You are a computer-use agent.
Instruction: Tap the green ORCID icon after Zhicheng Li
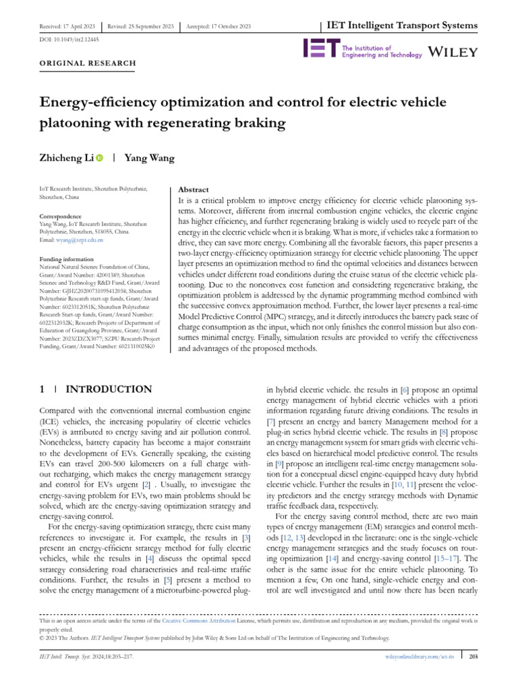tap(100, 159)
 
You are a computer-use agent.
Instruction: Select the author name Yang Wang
tap(150, 159)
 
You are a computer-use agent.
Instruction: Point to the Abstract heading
tap(193, 190)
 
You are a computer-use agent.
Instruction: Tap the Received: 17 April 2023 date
tap(65, 26)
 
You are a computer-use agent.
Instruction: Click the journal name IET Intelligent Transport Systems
tap(402, 26)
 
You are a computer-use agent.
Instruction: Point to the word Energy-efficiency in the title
tap(103, 103)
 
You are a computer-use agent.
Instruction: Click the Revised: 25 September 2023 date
tap(141, 26)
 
